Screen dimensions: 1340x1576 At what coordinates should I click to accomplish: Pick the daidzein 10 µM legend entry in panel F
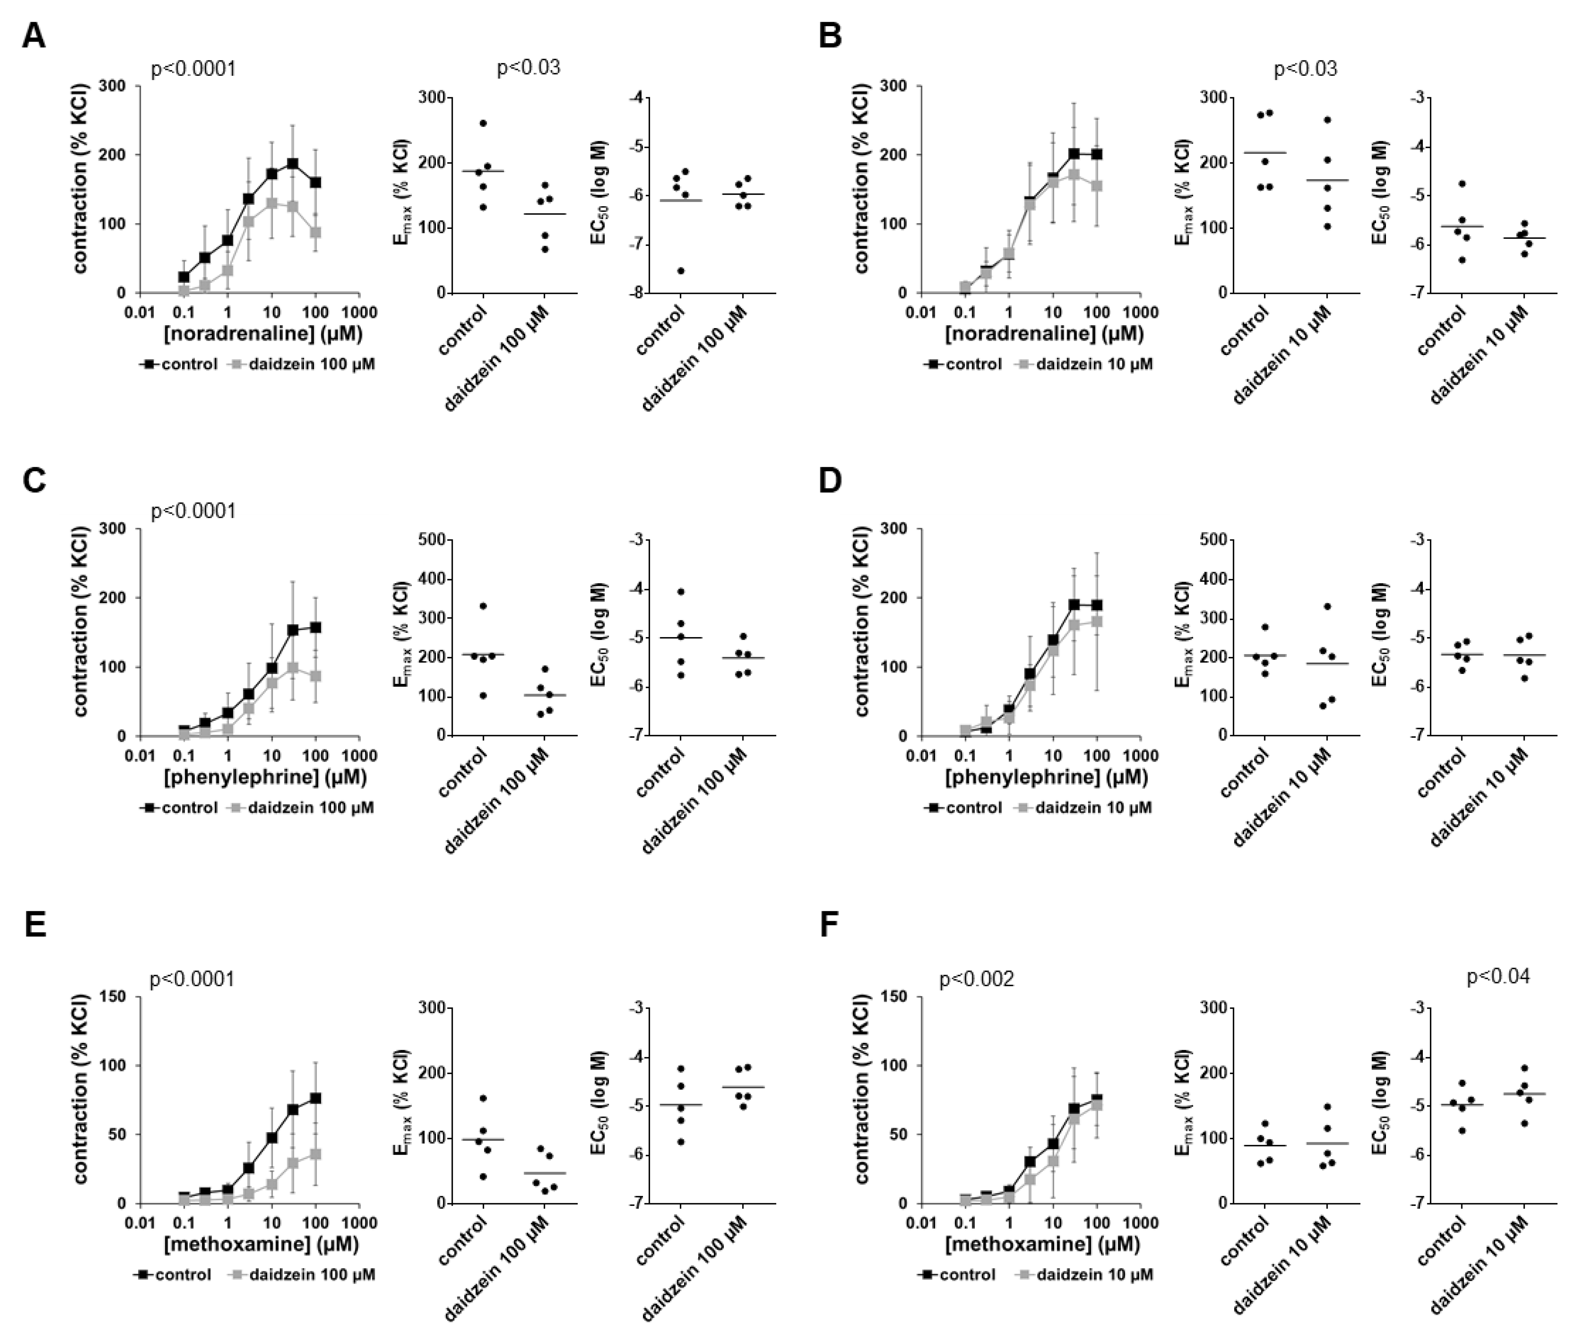click(1094, 1274)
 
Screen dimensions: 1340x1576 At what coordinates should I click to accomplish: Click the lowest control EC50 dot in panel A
click(681, 271)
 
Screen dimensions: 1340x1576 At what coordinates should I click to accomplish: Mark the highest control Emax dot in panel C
click(483, 605)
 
